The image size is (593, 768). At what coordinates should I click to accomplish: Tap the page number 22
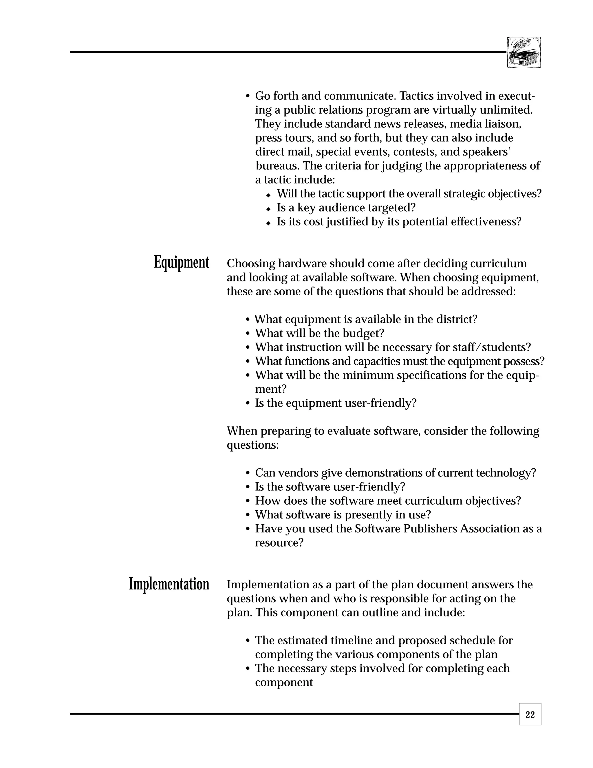click(x=530, y=715)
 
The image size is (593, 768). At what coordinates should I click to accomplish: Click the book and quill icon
click(x=524, y=52)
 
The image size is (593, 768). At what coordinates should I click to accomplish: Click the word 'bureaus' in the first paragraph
click(x=277, y=165)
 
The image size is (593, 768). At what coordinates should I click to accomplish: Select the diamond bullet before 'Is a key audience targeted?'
click(x=268, y=209)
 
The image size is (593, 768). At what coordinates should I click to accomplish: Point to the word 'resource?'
click(x=279, y=543)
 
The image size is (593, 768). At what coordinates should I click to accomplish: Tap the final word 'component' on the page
click(x=284, y=682)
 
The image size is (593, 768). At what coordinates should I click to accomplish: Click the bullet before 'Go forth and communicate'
click(x=248, y=96)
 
